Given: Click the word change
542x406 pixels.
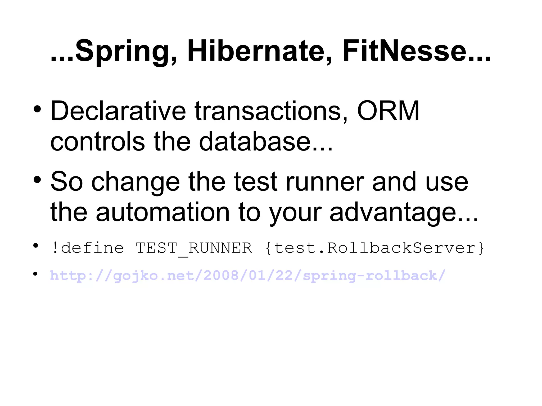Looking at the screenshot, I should click(135, 182).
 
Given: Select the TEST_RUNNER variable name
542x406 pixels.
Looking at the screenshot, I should click(194, 248).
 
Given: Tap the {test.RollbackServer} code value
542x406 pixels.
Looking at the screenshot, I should click(374, 248).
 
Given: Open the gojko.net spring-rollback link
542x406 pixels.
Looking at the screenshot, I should click(248, 276).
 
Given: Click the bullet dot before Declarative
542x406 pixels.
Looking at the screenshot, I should click(37, 109).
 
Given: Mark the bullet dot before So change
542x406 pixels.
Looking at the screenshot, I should click(37, 180).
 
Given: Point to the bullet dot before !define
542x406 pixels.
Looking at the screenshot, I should click(35, 246).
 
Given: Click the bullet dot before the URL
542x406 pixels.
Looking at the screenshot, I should click(35, 274).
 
